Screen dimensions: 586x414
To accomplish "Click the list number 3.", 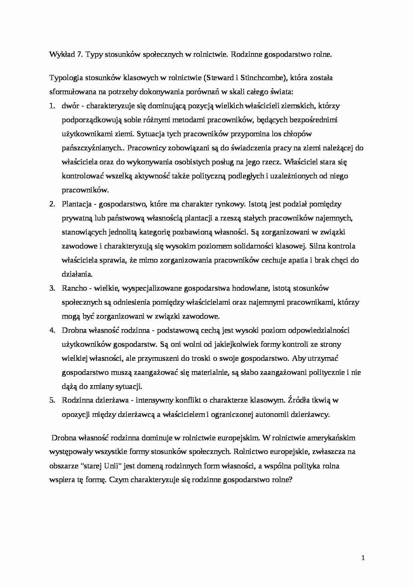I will [x=52, y=288].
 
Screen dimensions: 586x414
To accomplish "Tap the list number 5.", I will [x=52, y=400].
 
